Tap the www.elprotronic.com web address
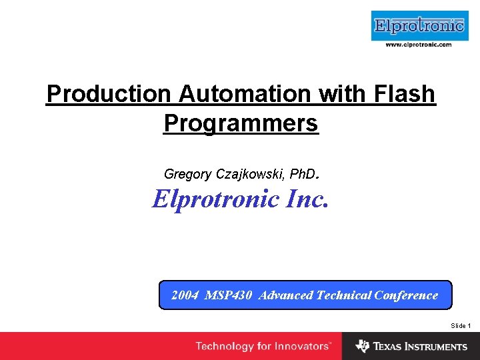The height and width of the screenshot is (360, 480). click(419, 45)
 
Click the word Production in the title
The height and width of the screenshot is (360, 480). click(109, 94)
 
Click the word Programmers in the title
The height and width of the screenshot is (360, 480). click(241, 123)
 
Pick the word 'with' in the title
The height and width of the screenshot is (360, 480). click(338, 94)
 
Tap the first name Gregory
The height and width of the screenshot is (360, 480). click(187, 175)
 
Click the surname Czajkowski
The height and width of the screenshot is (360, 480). click(249, 175)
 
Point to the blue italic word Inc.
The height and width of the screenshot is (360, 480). click(308, 199)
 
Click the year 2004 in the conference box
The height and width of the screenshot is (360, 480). click(185, 295)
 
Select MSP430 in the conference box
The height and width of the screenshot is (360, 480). click(229, 295)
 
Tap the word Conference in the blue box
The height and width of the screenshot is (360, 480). click(406, 295)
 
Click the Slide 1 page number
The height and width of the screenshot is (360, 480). click(461, 325)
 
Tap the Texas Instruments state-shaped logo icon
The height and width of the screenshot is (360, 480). click(362, 346)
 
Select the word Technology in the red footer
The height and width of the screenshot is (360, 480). click(225, 347)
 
